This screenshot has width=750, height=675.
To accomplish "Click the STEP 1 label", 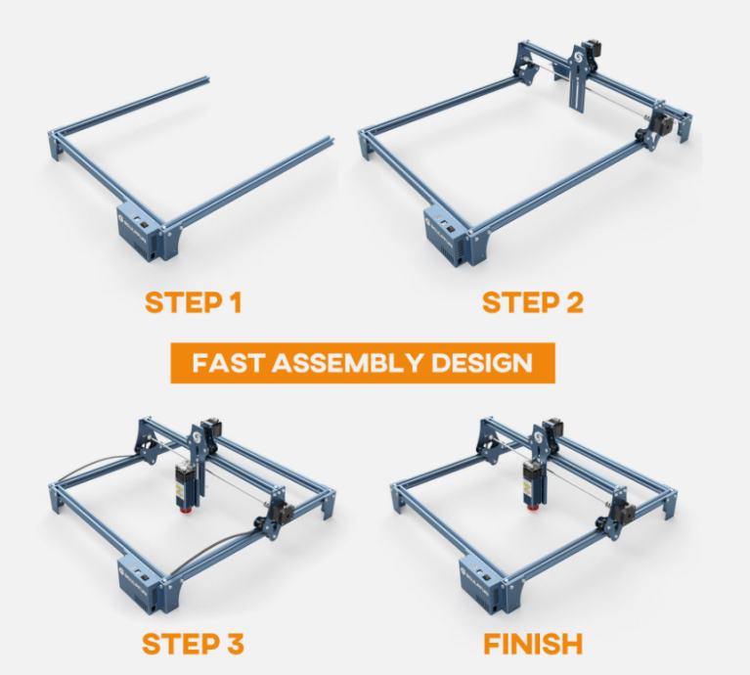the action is point(194,303).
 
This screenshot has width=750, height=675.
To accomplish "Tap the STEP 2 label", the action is point(533,303).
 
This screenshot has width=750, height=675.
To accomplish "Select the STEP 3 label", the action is point(193,644).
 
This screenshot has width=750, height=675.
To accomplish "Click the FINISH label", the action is point(533,644).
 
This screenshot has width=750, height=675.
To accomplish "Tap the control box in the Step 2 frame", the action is point(446,236).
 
